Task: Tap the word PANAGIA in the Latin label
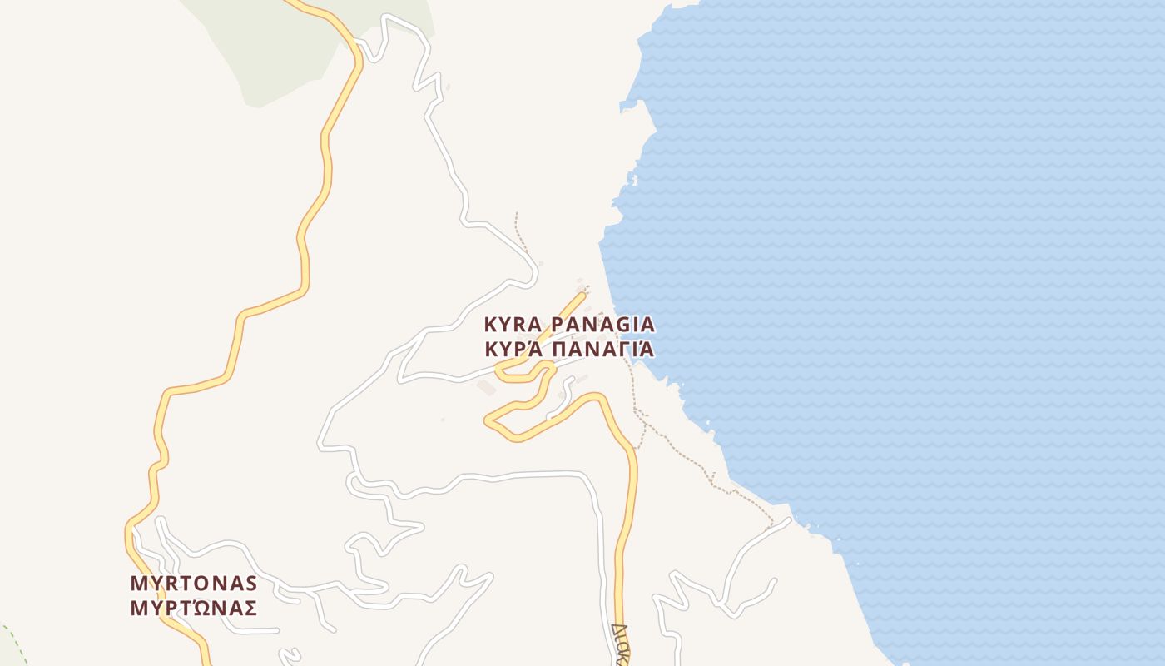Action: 603,324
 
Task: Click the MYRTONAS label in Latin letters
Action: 193,583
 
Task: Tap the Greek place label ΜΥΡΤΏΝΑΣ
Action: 193,608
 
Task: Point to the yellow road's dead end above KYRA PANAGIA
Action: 583,293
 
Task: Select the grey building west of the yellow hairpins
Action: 485,388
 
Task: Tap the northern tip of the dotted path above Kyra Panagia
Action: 516,213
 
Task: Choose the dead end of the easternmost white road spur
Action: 775,581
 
